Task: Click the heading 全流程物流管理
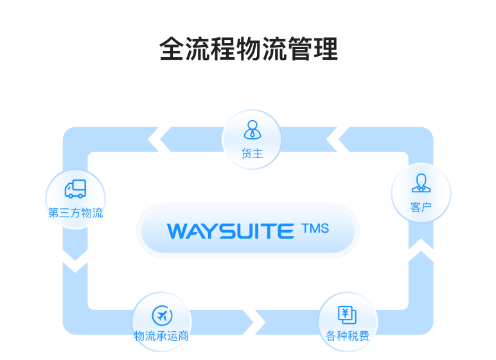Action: click(248, 50)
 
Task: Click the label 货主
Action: click(252, 154)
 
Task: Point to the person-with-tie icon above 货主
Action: click(252, 130)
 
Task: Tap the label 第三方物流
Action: click(75, 213)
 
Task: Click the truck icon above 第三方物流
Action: click(75, 189)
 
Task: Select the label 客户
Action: click(421, 208)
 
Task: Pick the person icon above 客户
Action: click(421, 183)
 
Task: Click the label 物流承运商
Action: click(161, 336)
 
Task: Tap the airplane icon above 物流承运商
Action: click(161, 315)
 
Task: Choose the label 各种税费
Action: click(348, 336)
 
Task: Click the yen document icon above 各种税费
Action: click(348, 314)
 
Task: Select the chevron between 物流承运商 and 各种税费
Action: click(260, 321)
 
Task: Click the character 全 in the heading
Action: click(172, 50)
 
